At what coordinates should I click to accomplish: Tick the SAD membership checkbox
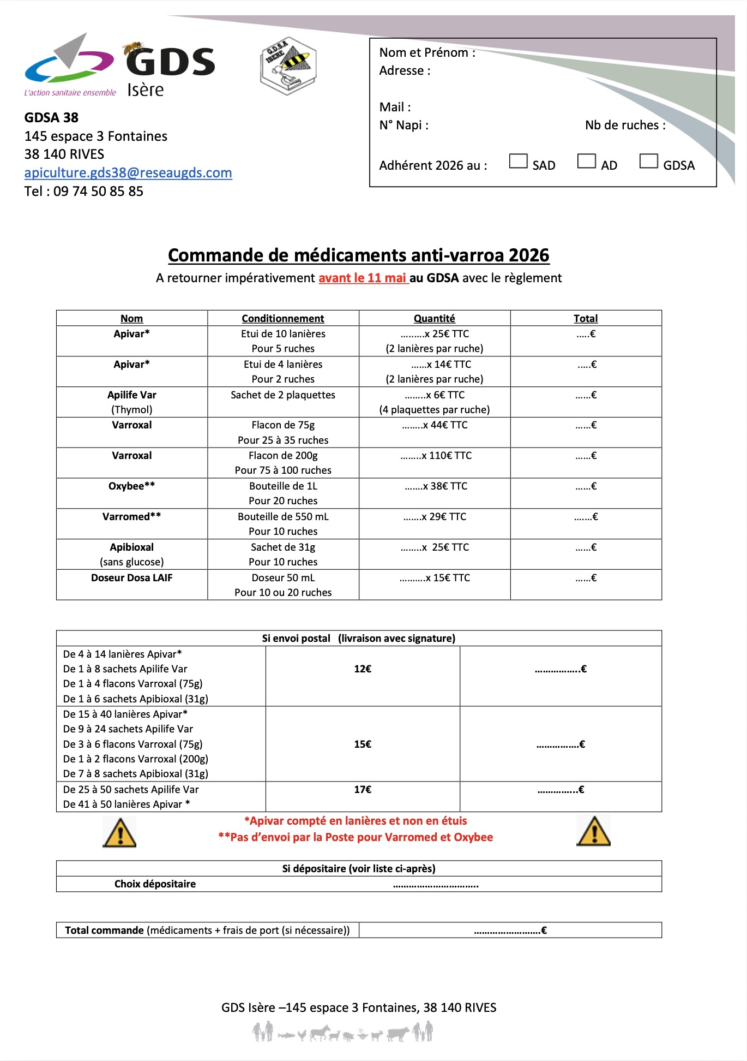tap(518, 161)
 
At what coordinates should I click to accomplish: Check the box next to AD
tap(586, 161)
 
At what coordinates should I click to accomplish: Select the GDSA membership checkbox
tap(648, 161)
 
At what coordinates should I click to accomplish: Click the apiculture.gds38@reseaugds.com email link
tap(128, 173)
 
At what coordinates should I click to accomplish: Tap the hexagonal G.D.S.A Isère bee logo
tap(288, 67)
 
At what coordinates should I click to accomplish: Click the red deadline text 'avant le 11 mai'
tap(363, 278)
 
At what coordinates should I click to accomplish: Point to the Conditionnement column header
tap(283, 319)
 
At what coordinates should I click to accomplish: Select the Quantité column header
tap(434, 319)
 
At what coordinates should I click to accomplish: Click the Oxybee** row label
tap(132, 486)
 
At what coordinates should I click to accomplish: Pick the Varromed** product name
tap(132, 517)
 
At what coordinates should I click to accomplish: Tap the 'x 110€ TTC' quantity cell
tap(436, 456)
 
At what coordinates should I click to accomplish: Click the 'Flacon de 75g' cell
tap(283, 425)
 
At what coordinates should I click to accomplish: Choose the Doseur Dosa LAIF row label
tap(132, 578)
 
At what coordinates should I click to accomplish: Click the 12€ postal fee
tap(363, 669)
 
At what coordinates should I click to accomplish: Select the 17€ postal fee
tap(363, 790)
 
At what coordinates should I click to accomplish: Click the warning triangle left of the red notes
tap(119, 833)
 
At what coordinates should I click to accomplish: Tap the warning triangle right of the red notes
tap(594, 832)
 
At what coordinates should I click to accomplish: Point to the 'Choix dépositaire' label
tap(155, 884)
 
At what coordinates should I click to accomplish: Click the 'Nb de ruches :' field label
tap(625, 126)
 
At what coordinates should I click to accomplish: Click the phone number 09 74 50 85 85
tap(98, 192)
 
